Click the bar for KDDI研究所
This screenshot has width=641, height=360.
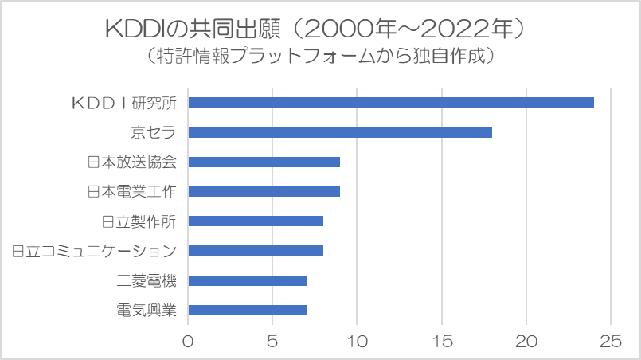pos(390,103)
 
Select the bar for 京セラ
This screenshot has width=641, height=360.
pos(339,132)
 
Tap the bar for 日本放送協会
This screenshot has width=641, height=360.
pos(264,162)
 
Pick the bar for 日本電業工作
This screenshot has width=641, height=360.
pos(264,191)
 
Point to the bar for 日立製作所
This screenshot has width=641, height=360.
pos(255,221)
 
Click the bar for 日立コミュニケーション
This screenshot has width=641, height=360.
pos(255,251)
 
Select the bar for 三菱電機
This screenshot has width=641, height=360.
pos(247,280)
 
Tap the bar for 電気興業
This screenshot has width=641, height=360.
pos(247,310)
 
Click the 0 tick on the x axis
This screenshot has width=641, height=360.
pos(188,342)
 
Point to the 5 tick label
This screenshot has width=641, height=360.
pos(272,342)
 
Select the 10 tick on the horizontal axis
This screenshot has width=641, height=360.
pos(357,342)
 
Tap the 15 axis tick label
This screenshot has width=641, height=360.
pos(442,342)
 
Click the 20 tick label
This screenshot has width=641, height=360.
pos(526,342)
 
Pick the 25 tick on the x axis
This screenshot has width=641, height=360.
pos(611,342)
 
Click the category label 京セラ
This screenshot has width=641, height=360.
pos(154,132)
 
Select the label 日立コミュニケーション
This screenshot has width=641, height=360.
pos(94,251)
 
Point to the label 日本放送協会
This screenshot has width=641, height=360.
pos(131,162)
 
